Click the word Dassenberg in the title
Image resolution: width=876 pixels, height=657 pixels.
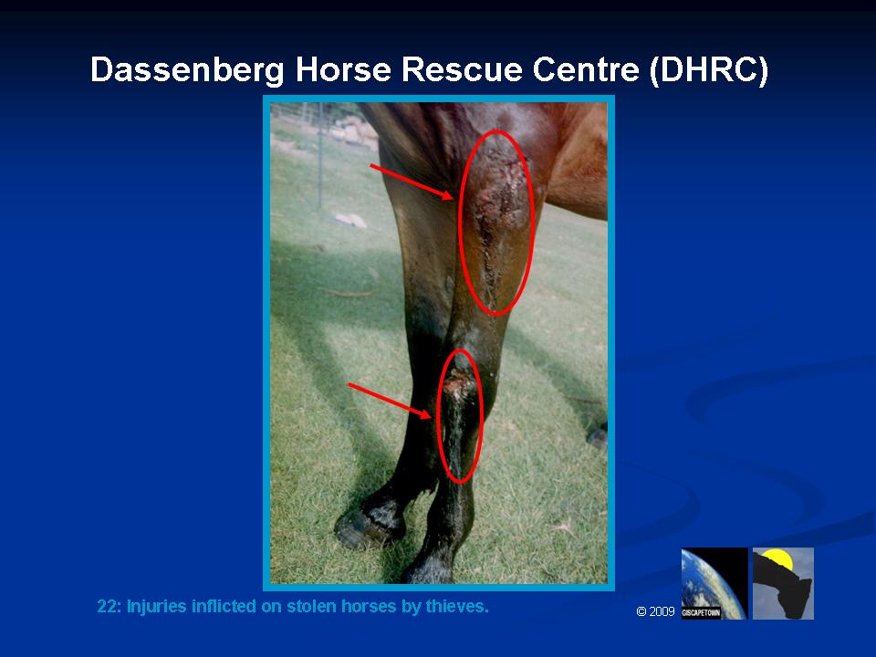coord(187,70)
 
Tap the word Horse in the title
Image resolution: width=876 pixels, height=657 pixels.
coord(343,69)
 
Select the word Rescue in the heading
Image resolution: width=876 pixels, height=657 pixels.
coord(462,69)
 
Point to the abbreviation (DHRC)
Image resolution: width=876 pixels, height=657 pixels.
coord(709,70)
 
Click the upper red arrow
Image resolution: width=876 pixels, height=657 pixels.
coord(412,182)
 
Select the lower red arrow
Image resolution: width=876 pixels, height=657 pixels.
coord(390,401)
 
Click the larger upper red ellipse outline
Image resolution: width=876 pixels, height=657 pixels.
coord(459,223)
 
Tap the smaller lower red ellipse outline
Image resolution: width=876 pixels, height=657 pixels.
coord(437,416)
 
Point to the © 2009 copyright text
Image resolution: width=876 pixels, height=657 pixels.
coord(655,611)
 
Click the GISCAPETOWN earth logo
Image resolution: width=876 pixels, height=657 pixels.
coord(714,583)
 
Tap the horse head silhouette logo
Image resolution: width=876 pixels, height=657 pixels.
coord(783,583)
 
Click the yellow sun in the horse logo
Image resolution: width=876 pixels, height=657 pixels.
coord(777,558)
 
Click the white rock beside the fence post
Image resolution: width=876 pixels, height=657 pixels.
coord(350,221)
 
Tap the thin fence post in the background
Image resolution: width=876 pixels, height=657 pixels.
coord(320,155)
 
